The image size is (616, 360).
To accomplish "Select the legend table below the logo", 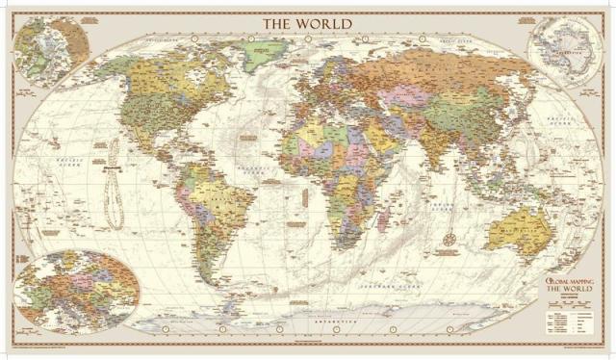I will (x=571, y=318).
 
